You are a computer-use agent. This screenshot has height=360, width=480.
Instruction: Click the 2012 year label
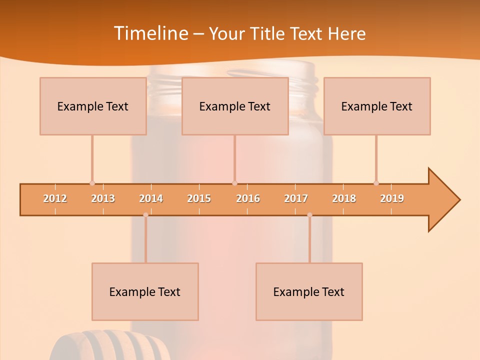(x=55, y=198)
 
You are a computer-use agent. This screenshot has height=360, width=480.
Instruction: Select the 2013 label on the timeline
(x=103, y=198)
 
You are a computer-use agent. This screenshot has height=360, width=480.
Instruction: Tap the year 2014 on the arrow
(x=151, y=198)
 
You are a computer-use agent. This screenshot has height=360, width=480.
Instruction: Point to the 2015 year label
(x=199, y=198)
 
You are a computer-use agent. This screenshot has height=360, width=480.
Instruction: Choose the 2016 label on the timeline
(x=248, y=198)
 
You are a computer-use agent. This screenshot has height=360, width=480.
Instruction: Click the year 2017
(x=296, y=198)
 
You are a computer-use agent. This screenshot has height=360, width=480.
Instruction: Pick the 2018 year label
(x=344, y=198)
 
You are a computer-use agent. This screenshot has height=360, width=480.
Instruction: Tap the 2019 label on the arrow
(x=392, y=198)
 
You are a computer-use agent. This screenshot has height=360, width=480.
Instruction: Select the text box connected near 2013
(x=93, y=106)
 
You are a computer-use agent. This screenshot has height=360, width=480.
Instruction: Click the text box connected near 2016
(x=235, y=106)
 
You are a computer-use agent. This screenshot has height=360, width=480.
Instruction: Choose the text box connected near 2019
(x=377, y=106)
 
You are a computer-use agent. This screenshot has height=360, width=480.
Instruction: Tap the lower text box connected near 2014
(x=145, y=291)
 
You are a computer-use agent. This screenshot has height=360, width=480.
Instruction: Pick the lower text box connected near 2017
(x=309, y=291)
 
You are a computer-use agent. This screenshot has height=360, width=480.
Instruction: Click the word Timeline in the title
(x=150, y=33)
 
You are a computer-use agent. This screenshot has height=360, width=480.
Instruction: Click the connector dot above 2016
(x=235, y=183)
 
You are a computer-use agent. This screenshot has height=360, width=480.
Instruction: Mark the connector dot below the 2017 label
(x=309, y=215)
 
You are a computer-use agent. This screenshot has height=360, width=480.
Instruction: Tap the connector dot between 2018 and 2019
(x=376, y=183)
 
